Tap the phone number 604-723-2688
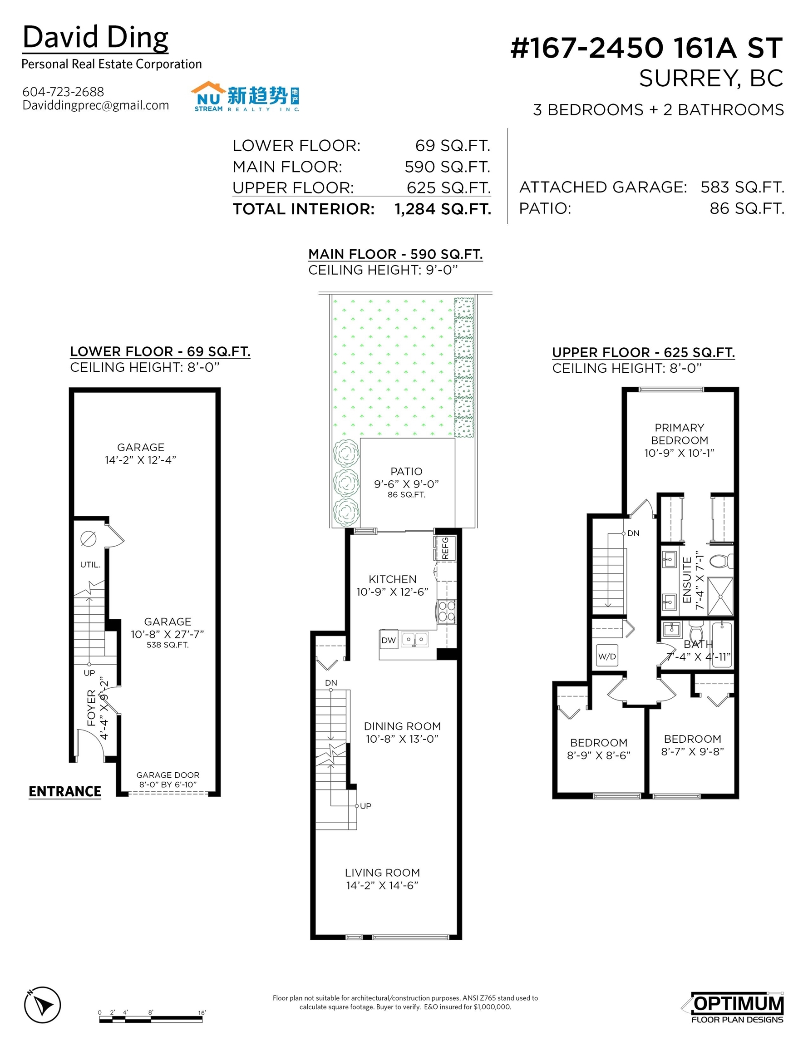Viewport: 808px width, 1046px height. pos(63,91)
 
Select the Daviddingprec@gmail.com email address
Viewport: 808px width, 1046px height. pos(96,105)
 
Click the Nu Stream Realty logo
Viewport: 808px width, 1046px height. pos(246,97)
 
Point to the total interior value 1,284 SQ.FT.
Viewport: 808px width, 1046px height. pos(443,209)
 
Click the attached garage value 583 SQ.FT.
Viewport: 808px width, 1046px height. pos(742,187)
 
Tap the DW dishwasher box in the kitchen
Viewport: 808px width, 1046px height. pos(389,640)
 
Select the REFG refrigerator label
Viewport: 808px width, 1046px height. pos(445,548)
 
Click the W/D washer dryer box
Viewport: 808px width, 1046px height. pos(607,656)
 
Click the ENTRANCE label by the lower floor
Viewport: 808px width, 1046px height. pos(64,792)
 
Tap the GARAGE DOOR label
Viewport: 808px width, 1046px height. pos(168,775)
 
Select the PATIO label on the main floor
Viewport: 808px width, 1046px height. pos(406,471)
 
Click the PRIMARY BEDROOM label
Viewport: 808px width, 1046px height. pos(679,434)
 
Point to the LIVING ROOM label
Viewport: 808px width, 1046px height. pos(382,873)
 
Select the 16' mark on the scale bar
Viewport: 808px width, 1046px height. pos(202,1012)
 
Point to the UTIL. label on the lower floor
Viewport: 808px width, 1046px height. pos(90,565)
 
